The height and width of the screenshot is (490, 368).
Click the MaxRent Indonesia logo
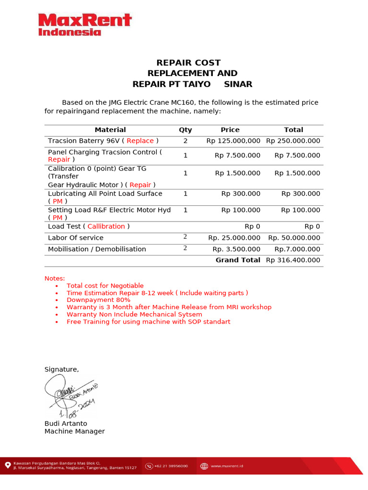[84, 24]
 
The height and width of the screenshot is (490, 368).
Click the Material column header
[110, 130]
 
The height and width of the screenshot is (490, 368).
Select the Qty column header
[185, 130]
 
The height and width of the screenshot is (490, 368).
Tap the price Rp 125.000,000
[233, 141]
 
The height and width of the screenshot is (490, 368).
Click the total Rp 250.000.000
[293, 141]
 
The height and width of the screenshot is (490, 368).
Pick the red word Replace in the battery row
[140, 141]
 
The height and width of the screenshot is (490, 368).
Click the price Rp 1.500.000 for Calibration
[238, 173]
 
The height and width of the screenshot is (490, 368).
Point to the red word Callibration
[106, 226]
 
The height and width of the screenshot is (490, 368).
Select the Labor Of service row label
[76, 238]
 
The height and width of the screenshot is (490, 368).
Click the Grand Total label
[238, 260]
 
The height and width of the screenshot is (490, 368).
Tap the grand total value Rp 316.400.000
[293, 260]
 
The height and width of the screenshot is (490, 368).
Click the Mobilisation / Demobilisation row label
[97, 249]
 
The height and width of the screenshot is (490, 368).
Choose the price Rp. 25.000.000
[234, 238]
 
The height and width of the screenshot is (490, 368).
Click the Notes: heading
[55, 278]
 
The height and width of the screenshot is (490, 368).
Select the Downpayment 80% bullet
[98, 300]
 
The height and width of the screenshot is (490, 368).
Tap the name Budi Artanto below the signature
[66, 423]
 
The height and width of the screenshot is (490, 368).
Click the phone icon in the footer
[150, 466]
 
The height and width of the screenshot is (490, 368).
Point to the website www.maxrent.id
[227, 466]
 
